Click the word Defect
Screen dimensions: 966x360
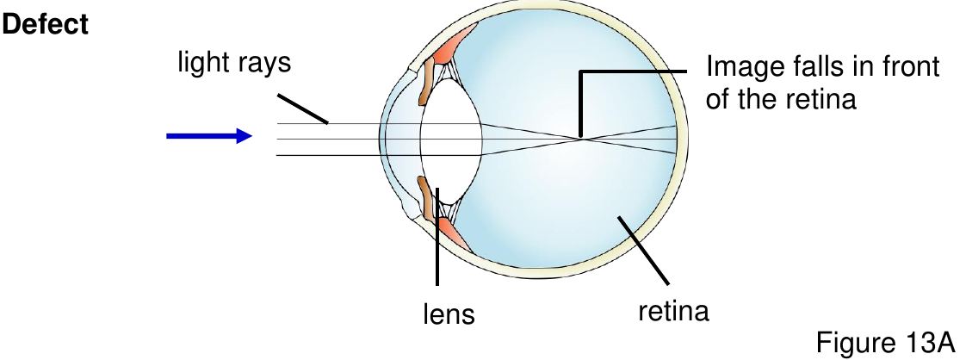click(46, 25)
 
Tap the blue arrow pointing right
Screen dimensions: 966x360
click(209, 136)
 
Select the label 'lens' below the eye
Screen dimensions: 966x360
click(449, 313)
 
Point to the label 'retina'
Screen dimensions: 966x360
click(673, 311)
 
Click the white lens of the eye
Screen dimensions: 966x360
click(451, 139)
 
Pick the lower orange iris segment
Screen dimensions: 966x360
click(425, 197)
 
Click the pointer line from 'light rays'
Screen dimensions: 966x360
click(302, 109)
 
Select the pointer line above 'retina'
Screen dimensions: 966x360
click(644, 251)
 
